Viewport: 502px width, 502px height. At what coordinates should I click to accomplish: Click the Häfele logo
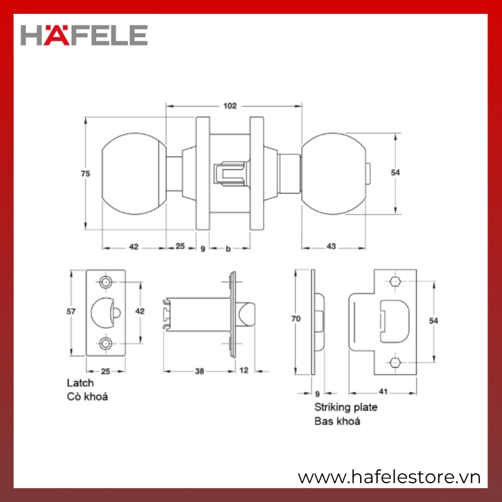point(84,35)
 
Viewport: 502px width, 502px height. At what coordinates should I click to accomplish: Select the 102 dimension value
point(230,106)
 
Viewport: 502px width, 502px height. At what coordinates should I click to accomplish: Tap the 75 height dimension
point(85,174)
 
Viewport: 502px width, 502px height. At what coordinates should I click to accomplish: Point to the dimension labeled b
point(228,248)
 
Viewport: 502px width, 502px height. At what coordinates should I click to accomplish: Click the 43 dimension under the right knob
point(331,247)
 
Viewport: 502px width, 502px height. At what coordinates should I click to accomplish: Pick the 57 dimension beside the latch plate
point(71,311)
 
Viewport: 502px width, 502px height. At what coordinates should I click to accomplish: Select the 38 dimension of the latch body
point(200,371)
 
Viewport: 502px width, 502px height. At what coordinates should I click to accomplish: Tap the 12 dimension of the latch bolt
point(244,370)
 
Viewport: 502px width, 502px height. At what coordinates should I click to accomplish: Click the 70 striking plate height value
point(296,319)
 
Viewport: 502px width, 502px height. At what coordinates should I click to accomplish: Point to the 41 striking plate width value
point(383,392)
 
